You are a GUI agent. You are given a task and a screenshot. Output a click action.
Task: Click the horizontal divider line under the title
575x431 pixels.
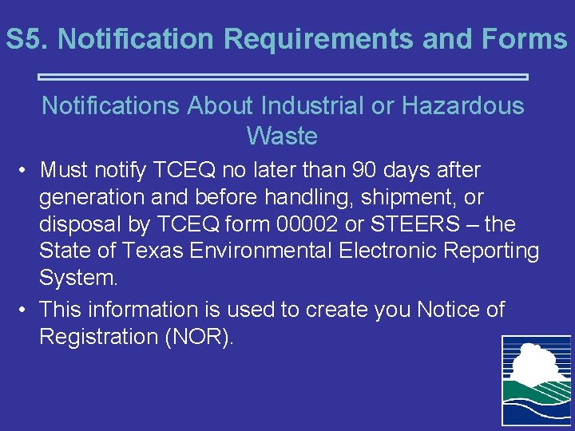(x=284, y=77)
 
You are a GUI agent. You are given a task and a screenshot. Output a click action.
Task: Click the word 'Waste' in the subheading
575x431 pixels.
(x=282, y=136)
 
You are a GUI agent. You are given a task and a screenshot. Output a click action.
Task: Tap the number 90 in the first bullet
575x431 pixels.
(x=363, y=170)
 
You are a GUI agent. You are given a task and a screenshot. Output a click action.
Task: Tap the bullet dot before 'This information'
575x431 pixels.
(x=26, y=310)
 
